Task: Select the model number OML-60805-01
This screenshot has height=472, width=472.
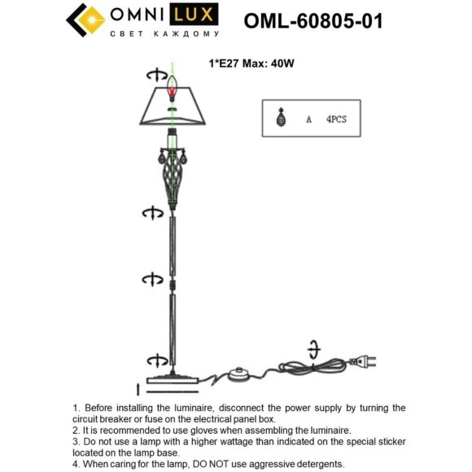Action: pyautogui.click(x=313, y=20)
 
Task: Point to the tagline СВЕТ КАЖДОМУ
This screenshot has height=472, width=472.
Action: pyautogui.click(x=165, y=34)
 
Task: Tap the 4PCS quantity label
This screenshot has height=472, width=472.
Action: pyautogui.click(x=336, y=119)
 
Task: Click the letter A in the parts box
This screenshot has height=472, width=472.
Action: pyautogui.click(x=308, y=120)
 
